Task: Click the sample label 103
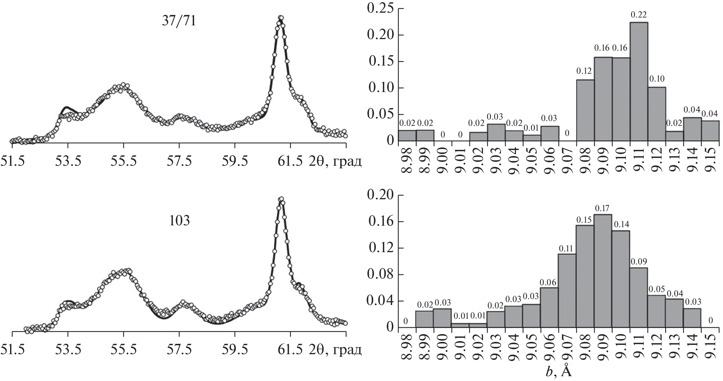point(179,221)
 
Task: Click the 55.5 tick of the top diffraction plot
point(124,162)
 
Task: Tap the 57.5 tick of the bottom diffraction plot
point(179,350)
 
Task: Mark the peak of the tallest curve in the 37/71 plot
point(281,18)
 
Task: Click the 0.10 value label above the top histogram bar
point(657,79)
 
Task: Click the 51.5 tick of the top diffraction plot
point(12,162)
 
